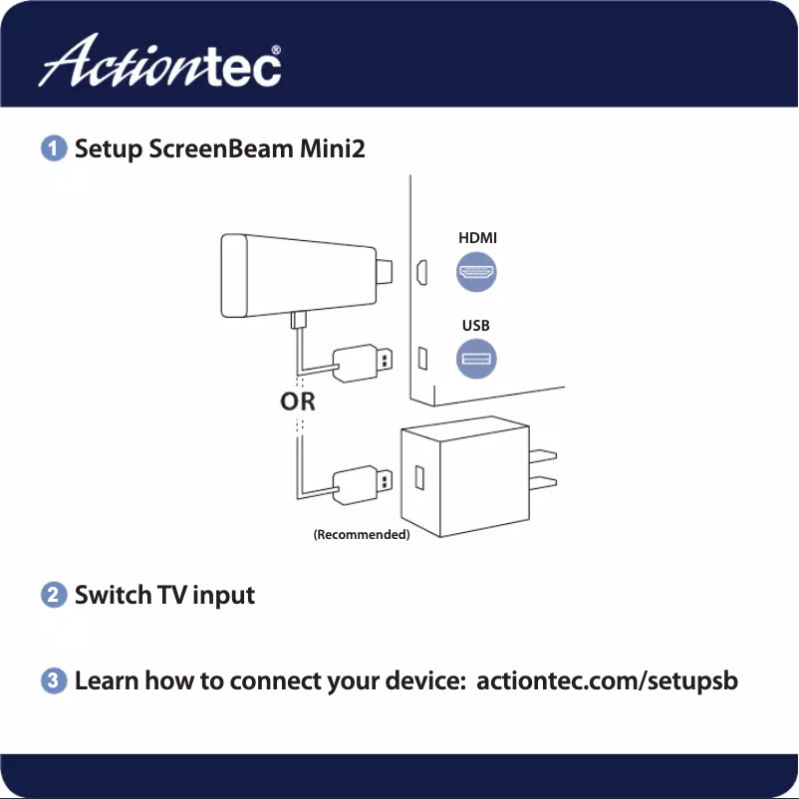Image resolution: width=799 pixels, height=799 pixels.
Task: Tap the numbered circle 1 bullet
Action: click(54, 149)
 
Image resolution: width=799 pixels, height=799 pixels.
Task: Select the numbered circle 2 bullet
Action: click(54, 596)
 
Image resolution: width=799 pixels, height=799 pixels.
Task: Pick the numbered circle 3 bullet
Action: click(54, 682)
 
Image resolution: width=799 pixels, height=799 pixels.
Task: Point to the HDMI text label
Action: click(477, 238)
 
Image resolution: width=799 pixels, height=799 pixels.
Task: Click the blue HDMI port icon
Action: click(477, 272)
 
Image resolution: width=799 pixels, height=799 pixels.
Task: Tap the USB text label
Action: click(476, 326)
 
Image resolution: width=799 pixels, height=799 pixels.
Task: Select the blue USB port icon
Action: click(477, 360)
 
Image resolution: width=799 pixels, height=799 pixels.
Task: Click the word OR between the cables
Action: click(298, 402)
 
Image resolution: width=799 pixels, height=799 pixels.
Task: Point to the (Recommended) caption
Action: click(362, 535)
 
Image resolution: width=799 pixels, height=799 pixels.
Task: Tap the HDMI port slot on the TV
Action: click(421, 271)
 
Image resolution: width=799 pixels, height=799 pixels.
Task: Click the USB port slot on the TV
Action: click(421, 357)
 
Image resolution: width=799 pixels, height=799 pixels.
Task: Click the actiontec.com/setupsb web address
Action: click(608, 682)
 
